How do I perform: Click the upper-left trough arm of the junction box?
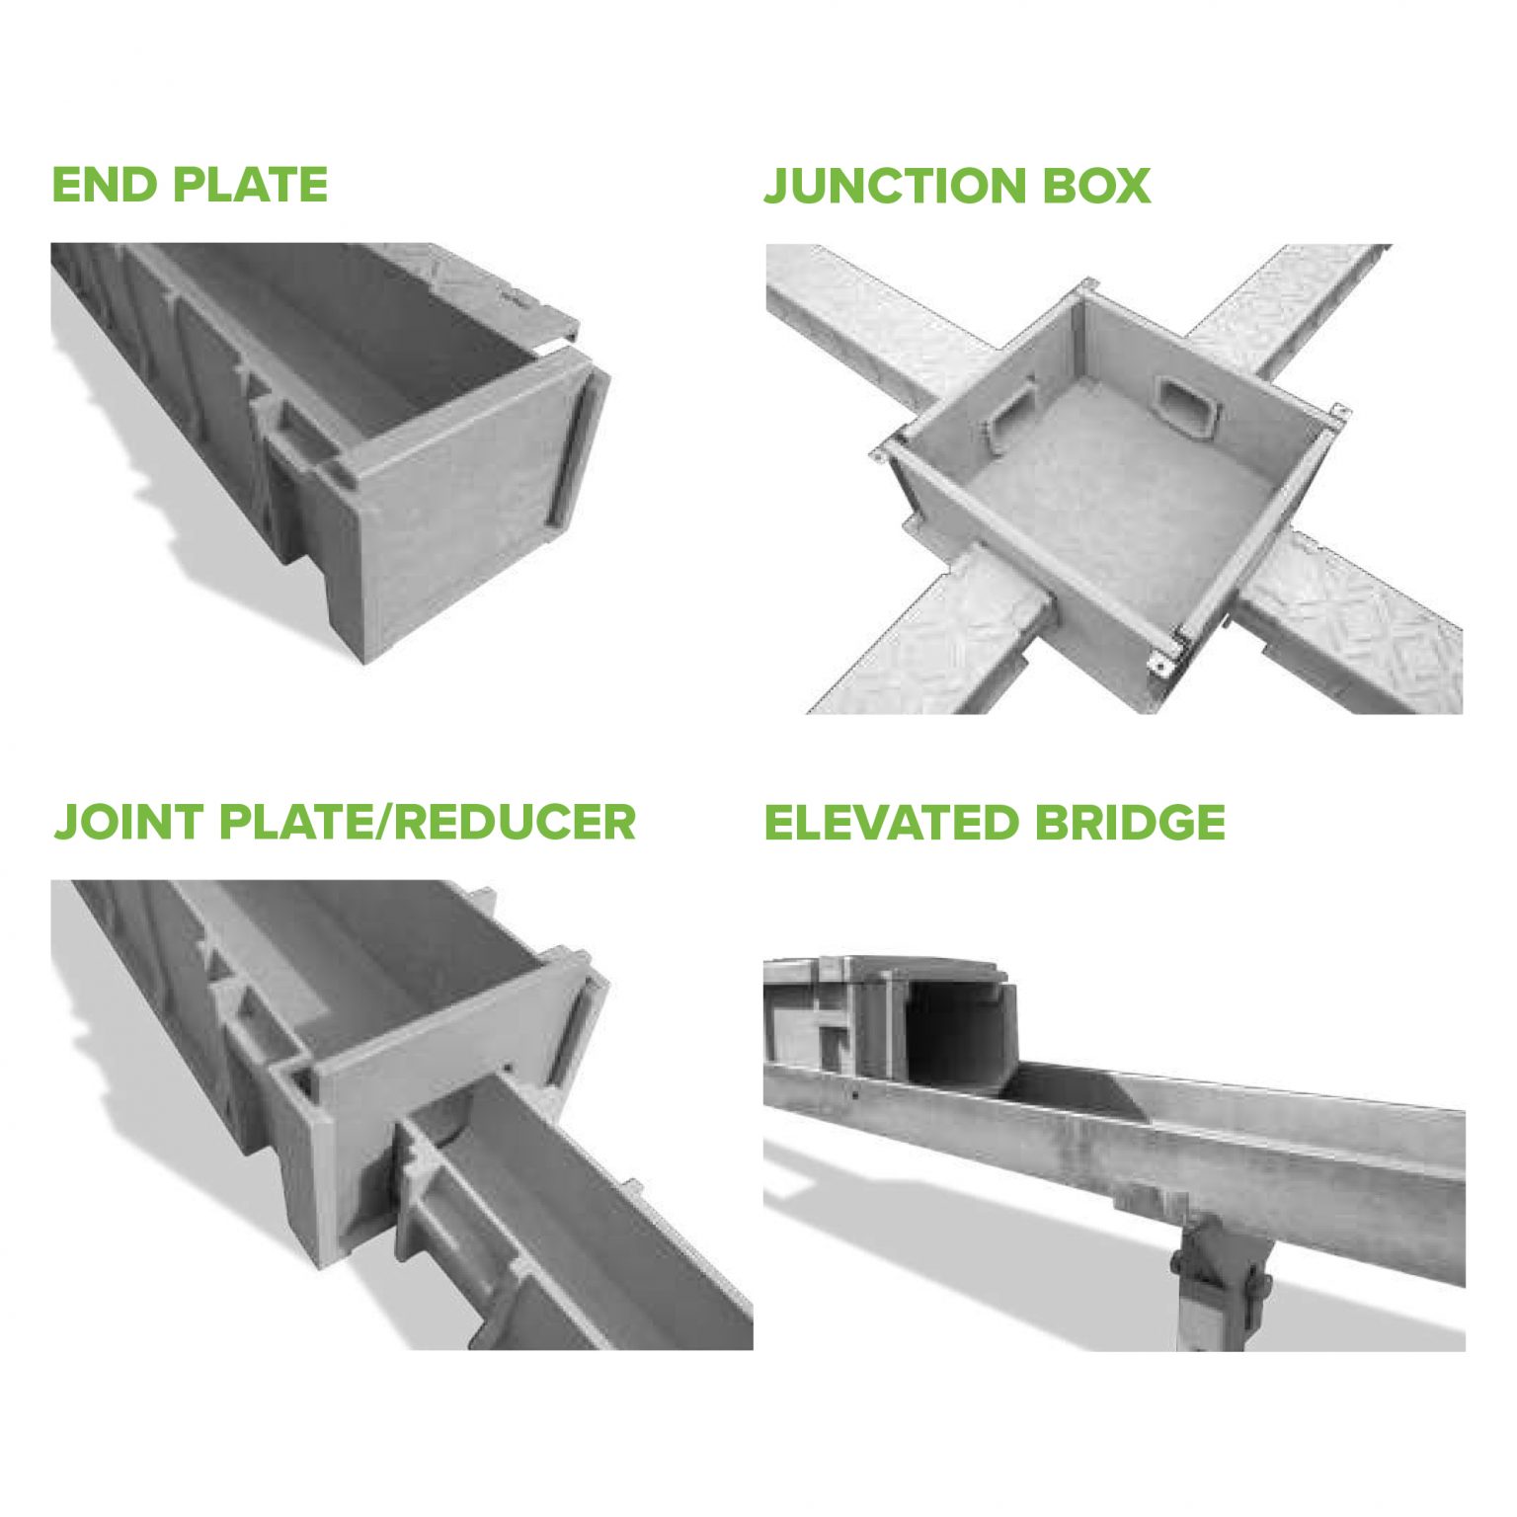point(869,316)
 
